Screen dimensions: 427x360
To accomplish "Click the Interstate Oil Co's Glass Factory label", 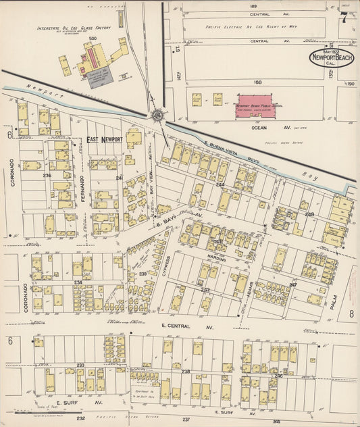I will coord(74,28).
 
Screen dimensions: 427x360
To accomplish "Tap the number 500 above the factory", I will coord(93,39).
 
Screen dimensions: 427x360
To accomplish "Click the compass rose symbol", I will coord(157,116).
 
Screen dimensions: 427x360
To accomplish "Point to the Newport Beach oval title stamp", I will coord(332,58).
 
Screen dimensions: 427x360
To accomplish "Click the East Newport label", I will coord(105,139).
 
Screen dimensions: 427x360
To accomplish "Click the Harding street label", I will coord(217,257).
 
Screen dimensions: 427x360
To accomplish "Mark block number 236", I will coord(47,176).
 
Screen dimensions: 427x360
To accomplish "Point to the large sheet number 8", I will coord(351,313).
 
